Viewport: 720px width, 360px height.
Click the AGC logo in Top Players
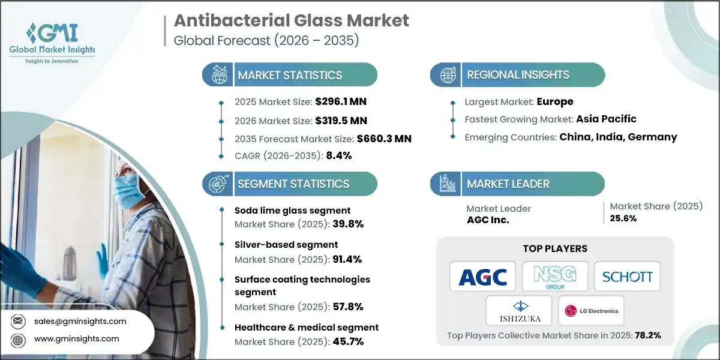coord(483,277)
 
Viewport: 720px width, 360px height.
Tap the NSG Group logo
coord(555,277)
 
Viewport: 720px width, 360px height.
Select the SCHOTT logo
coord(627,277)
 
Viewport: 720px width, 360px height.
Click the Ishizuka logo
coord(519,311)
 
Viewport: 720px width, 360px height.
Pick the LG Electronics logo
coord(591,311)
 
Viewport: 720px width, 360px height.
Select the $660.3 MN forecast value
coord(383,139)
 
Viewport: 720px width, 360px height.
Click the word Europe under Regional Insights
coord(555,101)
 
